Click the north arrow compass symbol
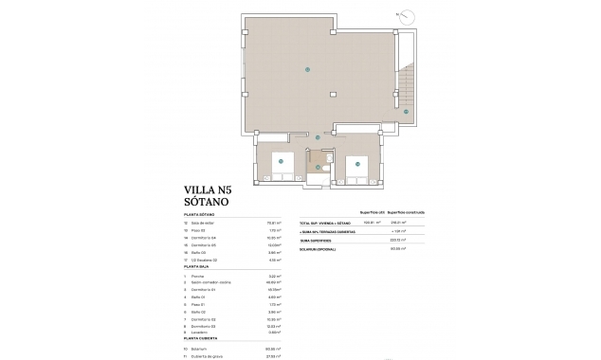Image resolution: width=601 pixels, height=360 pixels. [405, 16]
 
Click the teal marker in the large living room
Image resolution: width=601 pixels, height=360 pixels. [307, 69]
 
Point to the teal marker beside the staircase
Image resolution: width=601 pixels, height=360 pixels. [405, 112]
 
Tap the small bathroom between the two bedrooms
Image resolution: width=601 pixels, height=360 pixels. [321, 170]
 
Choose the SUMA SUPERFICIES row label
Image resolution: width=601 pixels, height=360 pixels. [319, 240]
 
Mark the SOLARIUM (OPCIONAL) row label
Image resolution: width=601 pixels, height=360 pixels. [320, 248]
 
